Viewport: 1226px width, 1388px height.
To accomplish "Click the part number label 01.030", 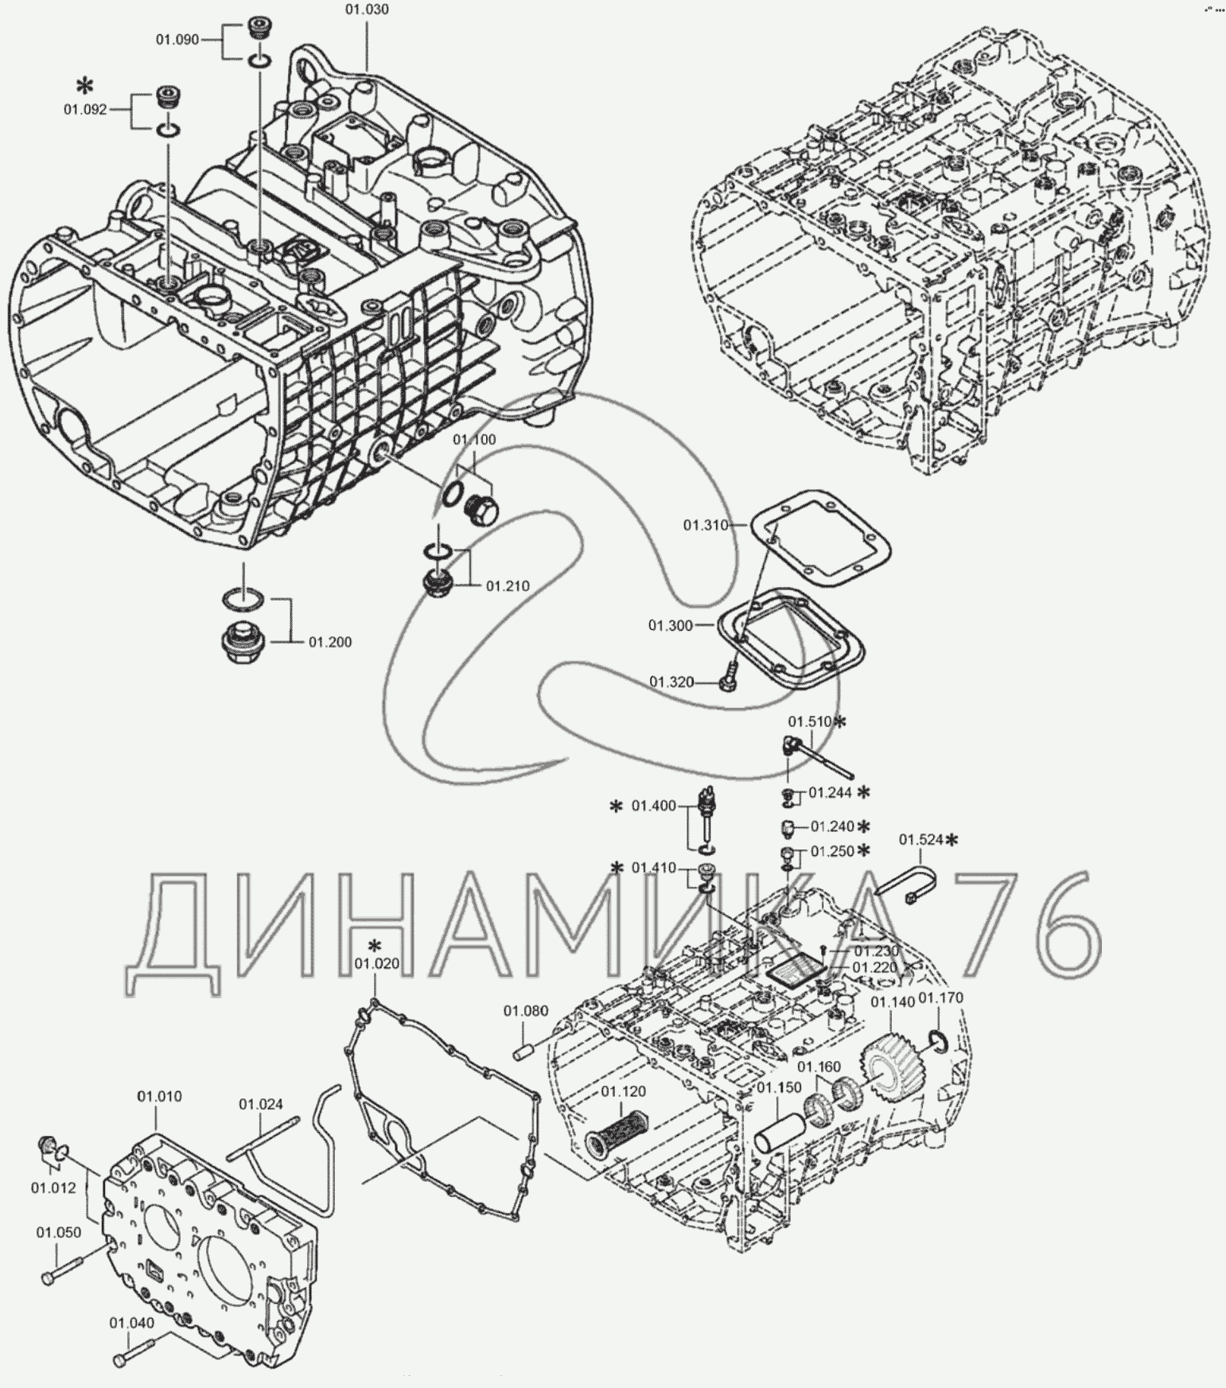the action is [367, 10].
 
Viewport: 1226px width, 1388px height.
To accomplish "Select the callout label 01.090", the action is [177, 39].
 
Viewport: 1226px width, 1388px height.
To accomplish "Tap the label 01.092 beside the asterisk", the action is [85, 111].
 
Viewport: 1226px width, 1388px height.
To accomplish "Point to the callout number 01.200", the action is [330, 642].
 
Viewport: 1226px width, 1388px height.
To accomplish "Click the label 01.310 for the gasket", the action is [706, 525].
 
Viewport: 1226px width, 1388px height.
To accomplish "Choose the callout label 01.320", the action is [671, 682].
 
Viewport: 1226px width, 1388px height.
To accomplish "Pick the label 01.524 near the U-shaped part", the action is [921, 839].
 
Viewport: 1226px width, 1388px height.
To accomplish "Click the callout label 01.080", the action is [525, 1011].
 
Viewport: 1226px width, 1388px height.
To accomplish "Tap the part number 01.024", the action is [261, 1104].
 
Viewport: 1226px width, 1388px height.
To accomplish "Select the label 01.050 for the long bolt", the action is [58, 1232].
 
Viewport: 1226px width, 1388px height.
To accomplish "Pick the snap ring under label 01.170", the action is [936, 1039].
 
